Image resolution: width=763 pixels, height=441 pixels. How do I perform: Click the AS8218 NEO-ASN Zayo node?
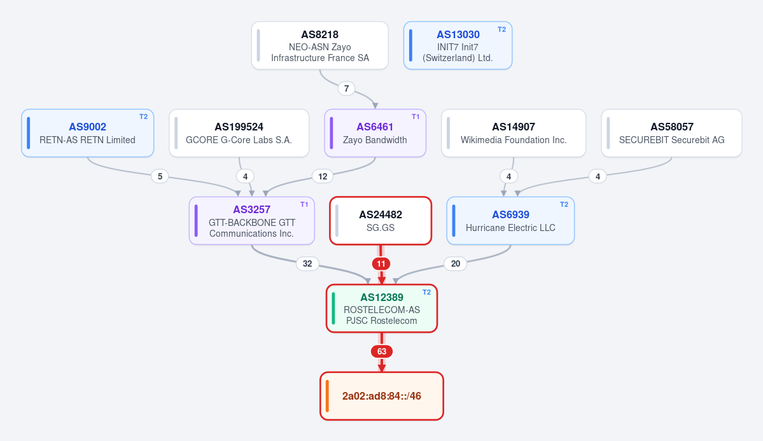pyautogui.click(x=319, y=45)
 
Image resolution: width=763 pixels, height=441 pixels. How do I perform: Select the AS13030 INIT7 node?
pyautogui.click(x=458, y=45)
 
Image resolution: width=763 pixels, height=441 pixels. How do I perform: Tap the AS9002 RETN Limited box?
pyautogui.click(x=88, y=133)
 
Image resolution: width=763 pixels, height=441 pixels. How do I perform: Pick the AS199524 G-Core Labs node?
pyautogui.click(x=239, y=133)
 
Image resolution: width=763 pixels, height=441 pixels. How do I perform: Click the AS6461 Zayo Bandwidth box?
pyautogui.click(x=375, y=133)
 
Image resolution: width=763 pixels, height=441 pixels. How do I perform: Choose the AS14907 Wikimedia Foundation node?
pyautogui.click(x=514, y=133)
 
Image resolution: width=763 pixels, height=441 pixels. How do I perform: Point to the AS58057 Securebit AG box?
pyautogui.click(x=671, y=133)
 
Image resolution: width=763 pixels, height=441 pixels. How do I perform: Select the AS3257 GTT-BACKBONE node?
pyautogui.click(x=251, y=220)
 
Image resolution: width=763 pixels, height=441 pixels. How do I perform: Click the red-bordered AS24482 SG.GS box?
pyautogui.click(x=381, y=220)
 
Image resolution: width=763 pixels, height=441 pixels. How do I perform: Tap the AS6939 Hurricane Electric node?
pyautogui.click(x=510, y=220)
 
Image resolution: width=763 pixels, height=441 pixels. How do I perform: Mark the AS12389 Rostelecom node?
pyautogui.click(x=382, y=308)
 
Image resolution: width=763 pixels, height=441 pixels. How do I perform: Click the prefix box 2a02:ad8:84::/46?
pyautogui.click(x=382, y=396)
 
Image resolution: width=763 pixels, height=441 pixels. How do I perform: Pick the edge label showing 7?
pyautogui.click(x=346, y=88)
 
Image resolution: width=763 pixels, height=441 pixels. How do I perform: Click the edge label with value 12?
pyautogui.click(x=323, y=176)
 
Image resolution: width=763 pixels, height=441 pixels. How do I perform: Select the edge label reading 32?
pyautogui.click(x=307, y=264)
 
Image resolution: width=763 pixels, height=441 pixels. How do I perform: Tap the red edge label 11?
pyautogui.click(x=381, y=264)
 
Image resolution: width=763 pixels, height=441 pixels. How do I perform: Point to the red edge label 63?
pyautogui.click(x=382, y=351)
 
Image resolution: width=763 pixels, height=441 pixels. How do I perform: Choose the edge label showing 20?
pyautogui.click(x=456, y=264)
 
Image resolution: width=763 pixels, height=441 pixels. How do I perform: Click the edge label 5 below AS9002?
pyautogui.click(x=160, y=176)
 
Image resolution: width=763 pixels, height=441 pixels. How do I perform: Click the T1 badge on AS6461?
pyautogui.click(x=416, y=117)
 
